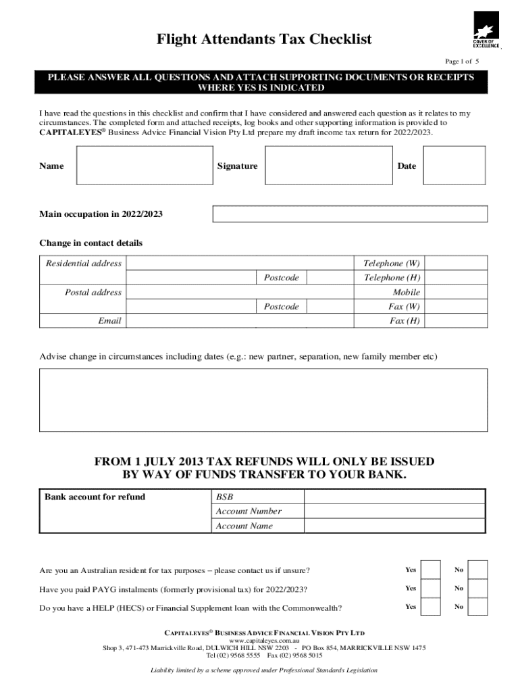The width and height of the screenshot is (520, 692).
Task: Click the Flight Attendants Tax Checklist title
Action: [x=264, y=40]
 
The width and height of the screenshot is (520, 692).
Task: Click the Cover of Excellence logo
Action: [x=486, y=30]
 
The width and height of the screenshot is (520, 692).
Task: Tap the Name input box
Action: [x=143, y=166]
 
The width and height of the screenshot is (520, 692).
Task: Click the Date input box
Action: [x=454, y=166]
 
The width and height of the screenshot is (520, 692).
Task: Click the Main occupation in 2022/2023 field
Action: [x=350, y=214]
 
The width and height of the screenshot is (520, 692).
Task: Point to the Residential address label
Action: [x=84, y=264]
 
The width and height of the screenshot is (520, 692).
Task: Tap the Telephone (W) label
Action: [x=392, y=264]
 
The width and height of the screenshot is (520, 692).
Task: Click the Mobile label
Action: [x=407, y=293]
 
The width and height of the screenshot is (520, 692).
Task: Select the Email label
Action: [x=109, y=321]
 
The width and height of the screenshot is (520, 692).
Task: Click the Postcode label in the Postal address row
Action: [x=281, y=307]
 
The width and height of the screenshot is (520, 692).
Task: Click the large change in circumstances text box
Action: [x=263, y=399]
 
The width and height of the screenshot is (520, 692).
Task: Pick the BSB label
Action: [x=224, y=497]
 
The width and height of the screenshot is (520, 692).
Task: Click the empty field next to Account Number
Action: [x=395, y=512]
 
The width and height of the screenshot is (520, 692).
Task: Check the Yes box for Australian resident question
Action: [x=431, y=570]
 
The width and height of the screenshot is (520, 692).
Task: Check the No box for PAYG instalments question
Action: [x=477, y=588]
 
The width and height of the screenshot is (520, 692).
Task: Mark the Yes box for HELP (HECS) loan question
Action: [x=431, y=607]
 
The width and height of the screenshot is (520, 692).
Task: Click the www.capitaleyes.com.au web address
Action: [x=264, y=640]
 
